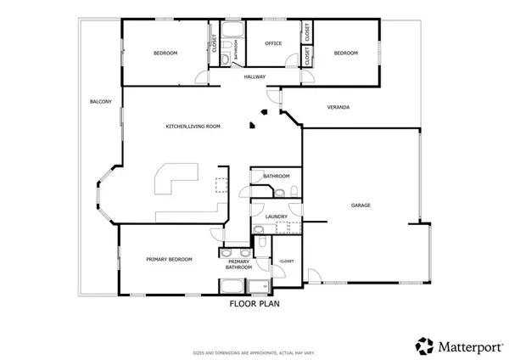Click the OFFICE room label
[273, 43]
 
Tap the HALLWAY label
[255, 77]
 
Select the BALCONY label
[100, 102]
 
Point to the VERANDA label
[338, 107]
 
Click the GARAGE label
[361, 205]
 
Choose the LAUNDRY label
[277, 217]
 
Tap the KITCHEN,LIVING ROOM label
[193, 126]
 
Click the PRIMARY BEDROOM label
[169, 259]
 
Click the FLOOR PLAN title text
[255, 303]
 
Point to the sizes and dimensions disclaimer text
[255, 351]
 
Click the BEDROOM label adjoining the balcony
[165, 53]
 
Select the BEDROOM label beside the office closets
[345, 53]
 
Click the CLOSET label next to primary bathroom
[287, 261]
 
